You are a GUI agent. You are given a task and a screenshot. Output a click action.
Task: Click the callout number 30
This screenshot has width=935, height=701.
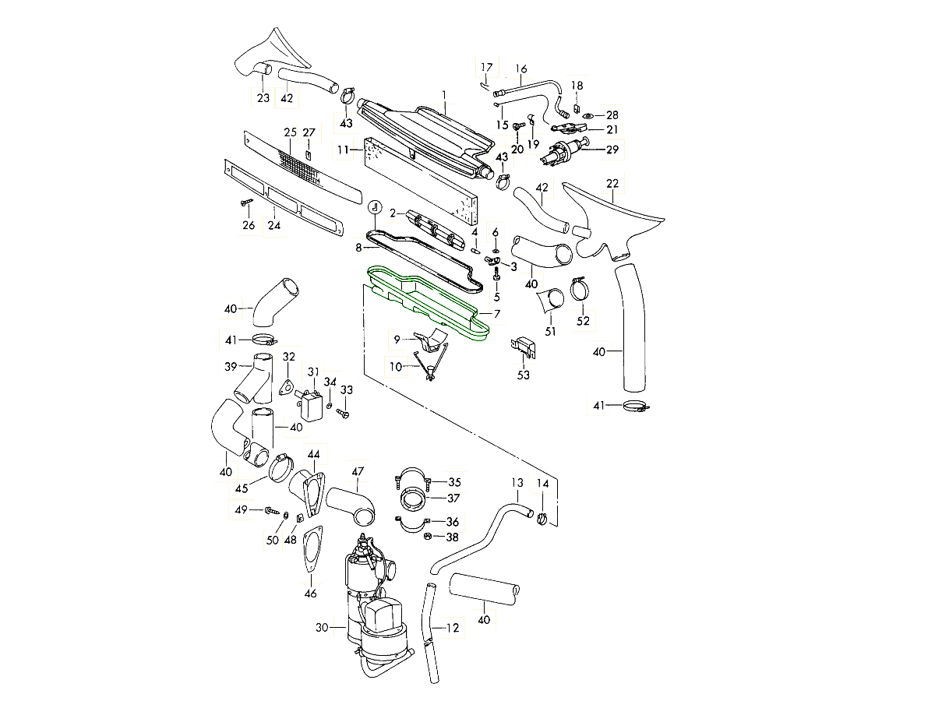[320, 626]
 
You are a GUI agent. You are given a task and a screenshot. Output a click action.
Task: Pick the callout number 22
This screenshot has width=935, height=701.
[612, 183]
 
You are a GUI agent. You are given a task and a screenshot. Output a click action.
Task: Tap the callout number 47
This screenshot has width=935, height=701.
[357, 472]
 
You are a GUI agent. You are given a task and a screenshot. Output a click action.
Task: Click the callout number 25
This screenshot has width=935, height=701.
[290, 132]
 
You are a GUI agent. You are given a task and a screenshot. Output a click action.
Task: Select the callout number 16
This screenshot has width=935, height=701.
[520, 69]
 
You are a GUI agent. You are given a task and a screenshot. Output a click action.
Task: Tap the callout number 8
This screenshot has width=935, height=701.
[358, 248]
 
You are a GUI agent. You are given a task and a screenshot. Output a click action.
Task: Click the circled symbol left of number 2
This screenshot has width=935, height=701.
[375, 207]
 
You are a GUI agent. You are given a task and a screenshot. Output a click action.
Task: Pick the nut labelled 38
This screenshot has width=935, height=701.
[428, 536]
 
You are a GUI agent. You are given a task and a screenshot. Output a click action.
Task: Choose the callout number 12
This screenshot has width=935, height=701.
[453, 627]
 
